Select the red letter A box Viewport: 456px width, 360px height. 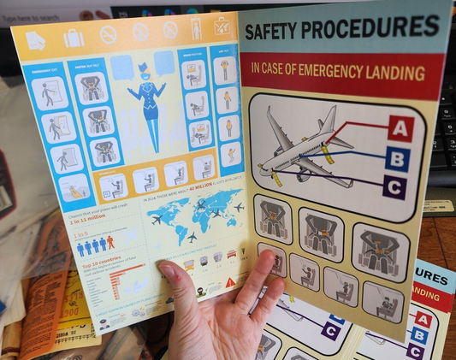tap(400, 128)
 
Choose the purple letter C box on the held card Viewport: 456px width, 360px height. tap(394, 186)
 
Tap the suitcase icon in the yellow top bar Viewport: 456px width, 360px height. tap(74, 38)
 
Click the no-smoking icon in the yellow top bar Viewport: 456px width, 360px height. tap(108, 35)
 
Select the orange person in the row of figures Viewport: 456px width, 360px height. tap(110, 243)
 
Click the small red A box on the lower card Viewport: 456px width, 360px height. tap(423, 318)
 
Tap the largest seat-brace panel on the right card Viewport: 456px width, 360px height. tap(380, 251)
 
